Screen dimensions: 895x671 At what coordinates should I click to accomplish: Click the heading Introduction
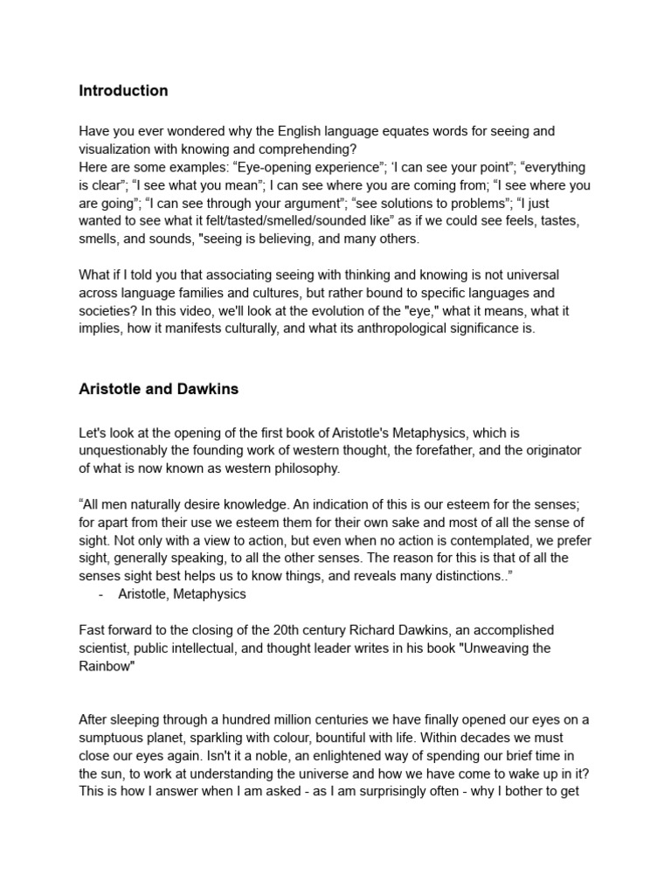(123, 91)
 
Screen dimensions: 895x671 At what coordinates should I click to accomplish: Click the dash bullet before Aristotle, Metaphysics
(102, 594)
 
